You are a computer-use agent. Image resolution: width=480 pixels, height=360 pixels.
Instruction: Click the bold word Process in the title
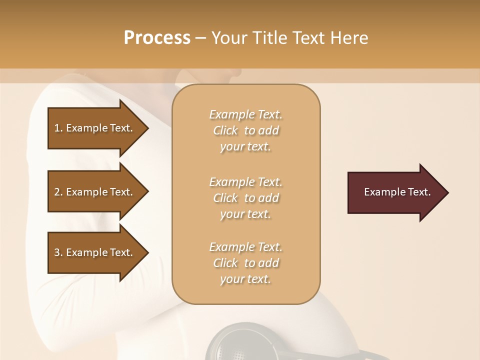(157, 38)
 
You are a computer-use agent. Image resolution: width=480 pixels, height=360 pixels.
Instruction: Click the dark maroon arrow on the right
(395, 192)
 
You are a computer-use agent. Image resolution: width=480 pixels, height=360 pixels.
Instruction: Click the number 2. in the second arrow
(58, 192)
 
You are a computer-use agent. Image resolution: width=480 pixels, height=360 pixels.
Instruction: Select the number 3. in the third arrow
(58, 252)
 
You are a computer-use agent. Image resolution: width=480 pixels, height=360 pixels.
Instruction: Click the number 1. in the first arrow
(58, 128)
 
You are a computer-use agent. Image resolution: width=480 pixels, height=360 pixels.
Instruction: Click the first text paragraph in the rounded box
(245, 130)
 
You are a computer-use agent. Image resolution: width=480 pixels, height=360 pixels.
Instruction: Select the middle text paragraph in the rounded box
(245, 198)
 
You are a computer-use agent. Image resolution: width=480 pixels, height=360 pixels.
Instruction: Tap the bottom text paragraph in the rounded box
(245, 263)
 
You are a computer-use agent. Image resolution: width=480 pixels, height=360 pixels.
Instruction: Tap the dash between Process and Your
(201, 38)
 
